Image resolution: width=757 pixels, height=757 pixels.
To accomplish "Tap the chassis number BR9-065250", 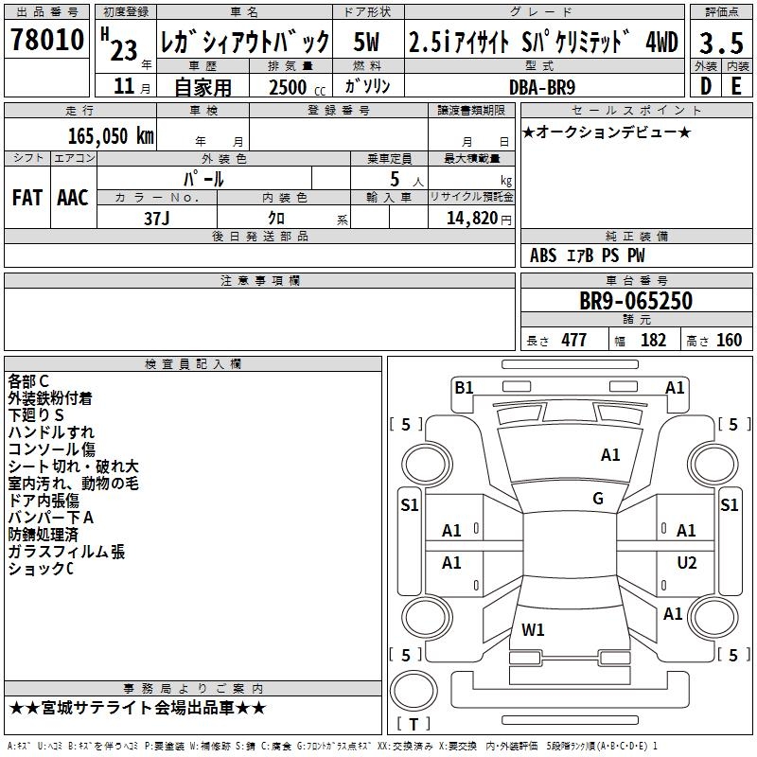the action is click(636, 302).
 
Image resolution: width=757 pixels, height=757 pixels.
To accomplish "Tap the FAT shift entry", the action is click(26, 198).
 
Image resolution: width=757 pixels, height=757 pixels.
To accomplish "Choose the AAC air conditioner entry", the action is click(73, 198).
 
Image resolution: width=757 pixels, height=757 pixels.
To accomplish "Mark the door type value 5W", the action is click(368, 42).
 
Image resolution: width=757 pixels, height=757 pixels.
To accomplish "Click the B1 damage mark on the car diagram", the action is click(464, 388).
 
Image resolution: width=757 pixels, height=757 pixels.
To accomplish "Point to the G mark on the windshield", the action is click(598, 498).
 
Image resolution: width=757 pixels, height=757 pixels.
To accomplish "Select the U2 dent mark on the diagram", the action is click(687, 563).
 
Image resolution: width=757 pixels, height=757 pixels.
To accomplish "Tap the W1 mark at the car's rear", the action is click(534, 628).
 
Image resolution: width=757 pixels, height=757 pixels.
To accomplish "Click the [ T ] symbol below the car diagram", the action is click(413, 724).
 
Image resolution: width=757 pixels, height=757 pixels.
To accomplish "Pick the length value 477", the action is click(573, 341).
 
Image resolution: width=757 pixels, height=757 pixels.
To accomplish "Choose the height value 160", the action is click(729, 341).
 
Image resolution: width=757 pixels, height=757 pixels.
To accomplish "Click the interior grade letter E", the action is click(735, 85).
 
